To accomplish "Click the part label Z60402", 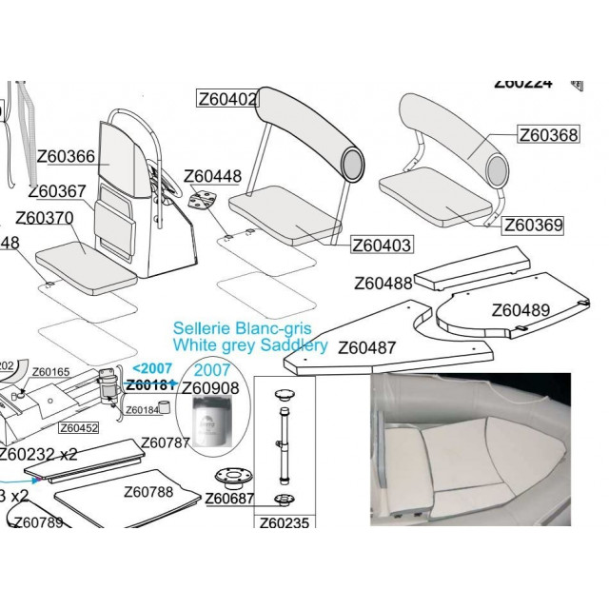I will [x=227, y=99].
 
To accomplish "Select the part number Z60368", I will [x=548, y=135].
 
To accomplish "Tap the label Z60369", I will [x=533, y=226].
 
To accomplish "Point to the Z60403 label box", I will [x=382, y=245].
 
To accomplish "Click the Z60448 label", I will [x=212, y=176].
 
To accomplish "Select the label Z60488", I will [x=383, y=283].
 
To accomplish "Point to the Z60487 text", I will [x=367, y=347].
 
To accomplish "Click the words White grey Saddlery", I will [x=249, y=345].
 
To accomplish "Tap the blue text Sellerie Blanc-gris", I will [x=243, y=327].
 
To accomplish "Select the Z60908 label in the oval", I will [x=210, y=387].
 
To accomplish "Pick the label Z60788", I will [x=148, y=493].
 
